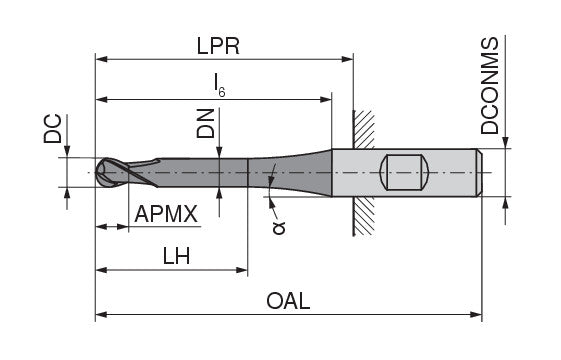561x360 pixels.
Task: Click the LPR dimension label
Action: coord(218,46)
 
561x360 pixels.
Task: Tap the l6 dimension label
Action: coord(219,85)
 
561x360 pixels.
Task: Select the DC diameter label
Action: coord(53,129)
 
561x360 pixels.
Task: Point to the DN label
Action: coord(205,124)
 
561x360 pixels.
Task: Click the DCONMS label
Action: coord(489,86)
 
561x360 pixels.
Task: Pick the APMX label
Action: coord(166,214)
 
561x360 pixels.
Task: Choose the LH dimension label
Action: coord(176,256)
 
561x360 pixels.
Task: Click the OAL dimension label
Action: coord(288,301)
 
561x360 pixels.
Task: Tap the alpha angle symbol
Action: coord(279,228)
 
